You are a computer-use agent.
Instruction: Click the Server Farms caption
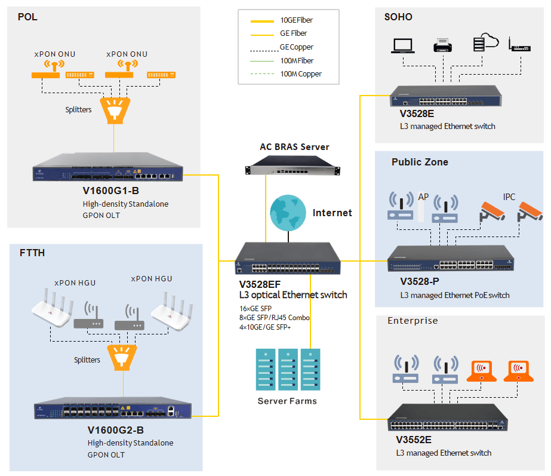[287, 401]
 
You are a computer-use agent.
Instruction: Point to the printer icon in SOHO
[442, 46]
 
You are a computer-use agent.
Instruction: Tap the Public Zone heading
[420, 162]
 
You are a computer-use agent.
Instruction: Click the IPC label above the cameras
[509, 196]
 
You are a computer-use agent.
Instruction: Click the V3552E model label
[414, 440]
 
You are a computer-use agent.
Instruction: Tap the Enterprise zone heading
[413, 321]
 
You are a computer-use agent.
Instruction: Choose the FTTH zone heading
[32, 253]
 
